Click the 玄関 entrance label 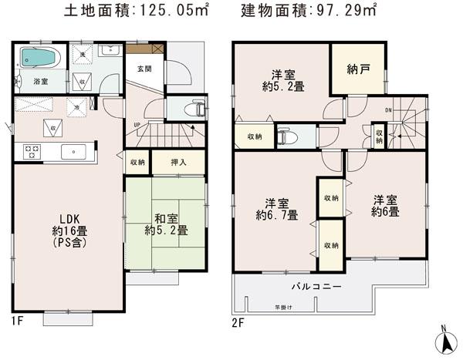[x=144, y=69]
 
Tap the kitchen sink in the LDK [x=73, y=151]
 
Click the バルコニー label [x=316, y=287]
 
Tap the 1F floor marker [x=16, y=321]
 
